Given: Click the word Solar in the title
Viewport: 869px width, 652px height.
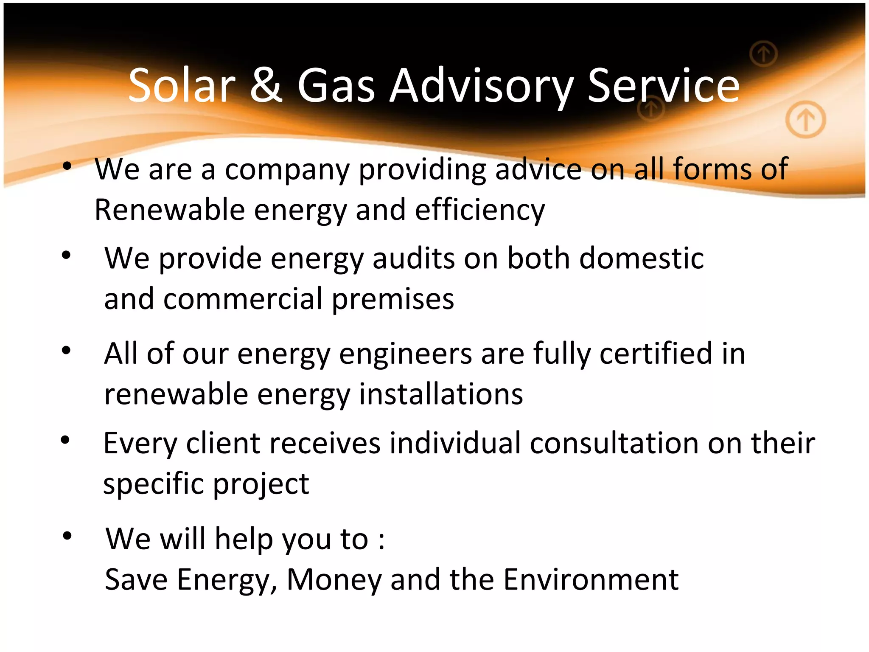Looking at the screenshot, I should (x=182, y=86).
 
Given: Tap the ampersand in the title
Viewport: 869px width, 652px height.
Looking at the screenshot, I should (x=266, y=86).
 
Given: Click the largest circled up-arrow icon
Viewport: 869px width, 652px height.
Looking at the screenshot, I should (x=805, y=120).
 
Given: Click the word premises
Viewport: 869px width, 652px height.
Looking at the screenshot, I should (x=393, y=300).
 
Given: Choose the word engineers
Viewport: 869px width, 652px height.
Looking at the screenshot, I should (x=405, y=354).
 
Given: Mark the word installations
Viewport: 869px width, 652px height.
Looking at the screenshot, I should (x=441, y=394).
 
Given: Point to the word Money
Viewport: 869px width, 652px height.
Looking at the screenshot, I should (x=334, y=580).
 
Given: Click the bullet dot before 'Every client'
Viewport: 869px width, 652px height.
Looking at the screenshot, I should (x=65, y=440).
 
